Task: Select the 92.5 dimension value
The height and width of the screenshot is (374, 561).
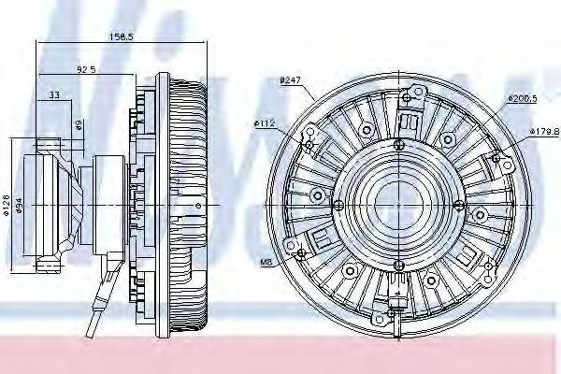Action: [87, 68]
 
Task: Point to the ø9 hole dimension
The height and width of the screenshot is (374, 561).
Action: [79, 122]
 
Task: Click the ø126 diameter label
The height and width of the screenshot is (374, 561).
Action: [7, 203]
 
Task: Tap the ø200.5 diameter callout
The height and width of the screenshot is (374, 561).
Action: [523, 97]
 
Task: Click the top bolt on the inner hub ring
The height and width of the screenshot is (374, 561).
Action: [399, 143]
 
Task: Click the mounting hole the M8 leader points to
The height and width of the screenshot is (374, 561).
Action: [299, 254]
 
